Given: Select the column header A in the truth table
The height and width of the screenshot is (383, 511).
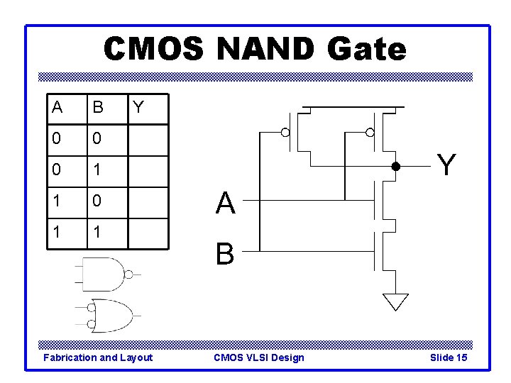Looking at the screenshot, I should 56,108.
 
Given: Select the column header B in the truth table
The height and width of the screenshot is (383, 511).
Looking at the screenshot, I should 98,108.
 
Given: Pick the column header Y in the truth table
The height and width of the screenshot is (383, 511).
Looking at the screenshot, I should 138,108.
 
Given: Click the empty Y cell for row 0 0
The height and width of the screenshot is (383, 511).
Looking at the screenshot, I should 148,140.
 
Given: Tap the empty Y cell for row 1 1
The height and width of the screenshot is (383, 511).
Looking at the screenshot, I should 148,233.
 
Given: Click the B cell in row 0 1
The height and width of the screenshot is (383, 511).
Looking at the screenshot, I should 97,171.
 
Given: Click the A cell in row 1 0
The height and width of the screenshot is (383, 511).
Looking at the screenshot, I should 56,202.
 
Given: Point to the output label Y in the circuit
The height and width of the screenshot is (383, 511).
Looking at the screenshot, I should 446,165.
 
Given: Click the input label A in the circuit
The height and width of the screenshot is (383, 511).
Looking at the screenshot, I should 226,204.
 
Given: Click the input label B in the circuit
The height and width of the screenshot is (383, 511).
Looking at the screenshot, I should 225,253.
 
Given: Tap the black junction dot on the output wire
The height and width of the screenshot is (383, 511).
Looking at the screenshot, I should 397,167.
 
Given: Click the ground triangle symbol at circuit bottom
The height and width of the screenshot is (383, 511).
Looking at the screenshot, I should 395,301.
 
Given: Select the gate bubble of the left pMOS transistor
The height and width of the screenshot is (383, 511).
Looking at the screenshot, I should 285,133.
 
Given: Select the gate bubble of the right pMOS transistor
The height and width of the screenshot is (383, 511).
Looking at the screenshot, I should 369,133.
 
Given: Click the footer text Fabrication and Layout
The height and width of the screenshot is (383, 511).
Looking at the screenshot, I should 98,357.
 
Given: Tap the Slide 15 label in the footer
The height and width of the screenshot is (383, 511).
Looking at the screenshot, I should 449,357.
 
